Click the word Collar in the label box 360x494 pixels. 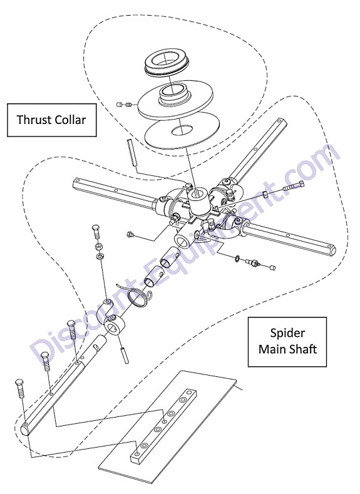pyautogui.click(x=70, y=120)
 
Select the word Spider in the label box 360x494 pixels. pyautogui.click(x=287, y=333)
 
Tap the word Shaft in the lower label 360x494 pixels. pyautogui.click(x=303, y=349)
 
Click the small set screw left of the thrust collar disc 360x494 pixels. pyautogui.click(x=123, y=105)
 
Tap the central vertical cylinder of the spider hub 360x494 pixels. pyautogui.click(x=198, y=200)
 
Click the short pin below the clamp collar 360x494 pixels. pyautogui.click(x=124, y=354)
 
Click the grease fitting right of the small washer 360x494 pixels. pyautogui.click(x=253, y=262)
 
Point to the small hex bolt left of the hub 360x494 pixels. pyautogui.click(x=130, y=234)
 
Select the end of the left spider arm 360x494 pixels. pyautogui.click(x=76, y=183)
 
